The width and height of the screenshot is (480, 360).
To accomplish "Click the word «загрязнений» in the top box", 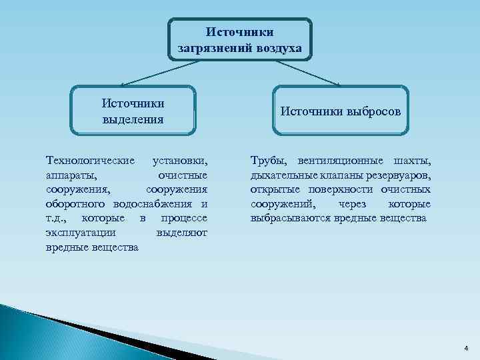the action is click(215, 48).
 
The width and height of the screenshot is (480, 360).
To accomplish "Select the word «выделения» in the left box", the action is click(133, 120).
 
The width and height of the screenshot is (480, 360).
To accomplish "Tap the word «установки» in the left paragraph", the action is click(179, 161).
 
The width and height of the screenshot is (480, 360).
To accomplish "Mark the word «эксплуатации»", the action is click(81, 233).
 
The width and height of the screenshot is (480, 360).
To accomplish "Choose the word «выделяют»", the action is click(181, 233).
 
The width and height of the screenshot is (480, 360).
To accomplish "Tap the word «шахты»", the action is click(412, 161).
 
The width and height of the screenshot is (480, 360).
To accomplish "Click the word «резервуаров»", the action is click(399, 175).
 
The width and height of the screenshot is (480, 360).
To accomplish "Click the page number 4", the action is click(465, 348).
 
